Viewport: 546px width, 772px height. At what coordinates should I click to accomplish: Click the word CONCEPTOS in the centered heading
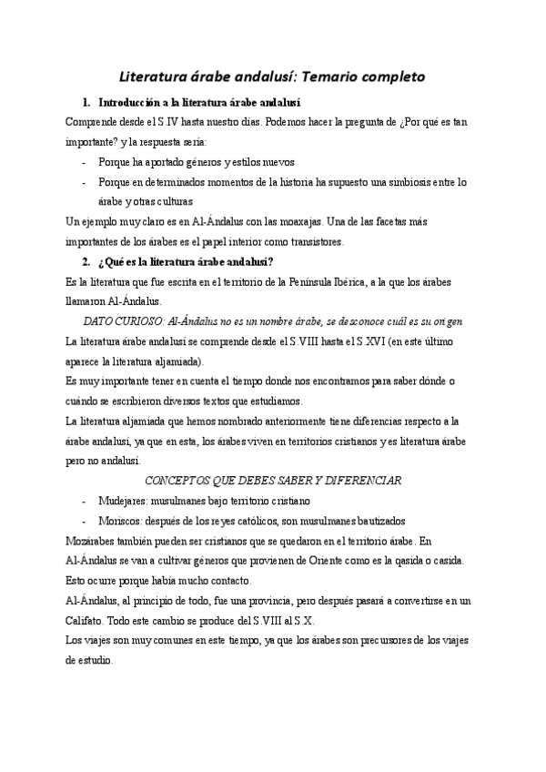point(178,480)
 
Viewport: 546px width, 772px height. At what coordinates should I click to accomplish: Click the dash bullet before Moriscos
point(85,520)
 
